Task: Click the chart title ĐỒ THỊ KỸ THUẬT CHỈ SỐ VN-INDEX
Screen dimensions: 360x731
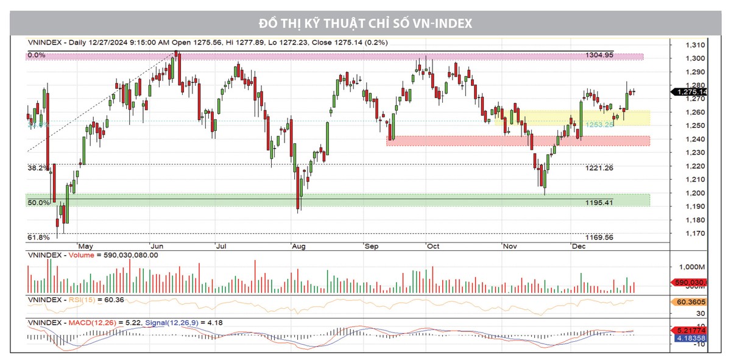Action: [365, 23]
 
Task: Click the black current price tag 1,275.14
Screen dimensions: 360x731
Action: [689, 92]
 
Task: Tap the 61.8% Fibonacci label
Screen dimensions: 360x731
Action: [37, 237]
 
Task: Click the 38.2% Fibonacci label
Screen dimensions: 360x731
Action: [37, 167]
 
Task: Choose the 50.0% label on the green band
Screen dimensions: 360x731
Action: [37, 202]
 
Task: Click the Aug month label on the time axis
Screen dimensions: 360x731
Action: [298, 246]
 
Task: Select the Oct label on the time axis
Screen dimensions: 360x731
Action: [433, 246]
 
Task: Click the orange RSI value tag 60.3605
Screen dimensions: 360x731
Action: [689, 302]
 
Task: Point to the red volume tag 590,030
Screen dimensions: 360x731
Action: [689, 282]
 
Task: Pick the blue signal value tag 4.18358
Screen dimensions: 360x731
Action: [689, 337]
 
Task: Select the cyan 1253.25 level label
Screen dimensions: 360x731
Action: [599, 124]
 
